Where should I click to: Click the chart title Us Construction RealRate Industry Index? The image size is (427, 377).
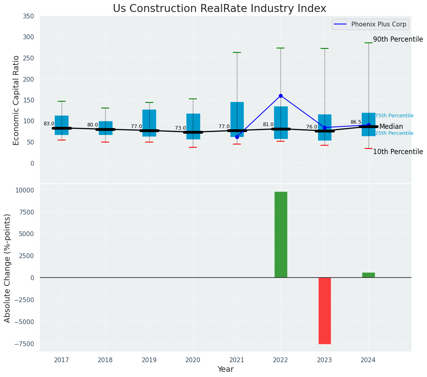pos(219,9)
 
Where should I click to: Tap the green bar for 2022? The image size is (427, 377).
pos(281,235)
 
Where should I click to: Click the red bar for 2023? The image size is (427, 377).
pos(325,311)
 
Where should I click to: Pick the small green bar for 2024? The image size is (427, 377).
pos(369,275)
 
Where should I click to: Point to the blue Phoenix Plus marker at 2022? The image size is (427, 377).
pos(281,96)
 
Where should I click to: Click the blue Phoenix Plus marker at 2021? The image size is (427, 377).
pos(237,137)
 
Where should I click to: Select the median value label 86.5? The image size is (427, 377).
pos(356,122)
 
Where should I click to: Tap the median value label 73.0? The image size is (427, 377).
pos(180,128)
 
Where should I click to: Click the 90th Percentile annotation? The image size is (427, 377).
pos(398,39)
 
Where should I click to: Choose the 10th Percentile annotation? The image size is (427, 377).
pos(398,152)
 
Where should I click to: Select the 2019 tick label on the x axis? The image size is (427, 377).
pos(149,360)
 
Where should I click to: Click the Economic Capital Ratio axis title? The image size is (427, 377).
pos(16,100)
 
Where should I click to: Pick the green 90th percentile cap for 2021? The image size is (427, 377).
pos(237,52)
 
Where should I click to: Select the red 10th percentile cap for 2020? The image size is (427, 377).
pos(193,147)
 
